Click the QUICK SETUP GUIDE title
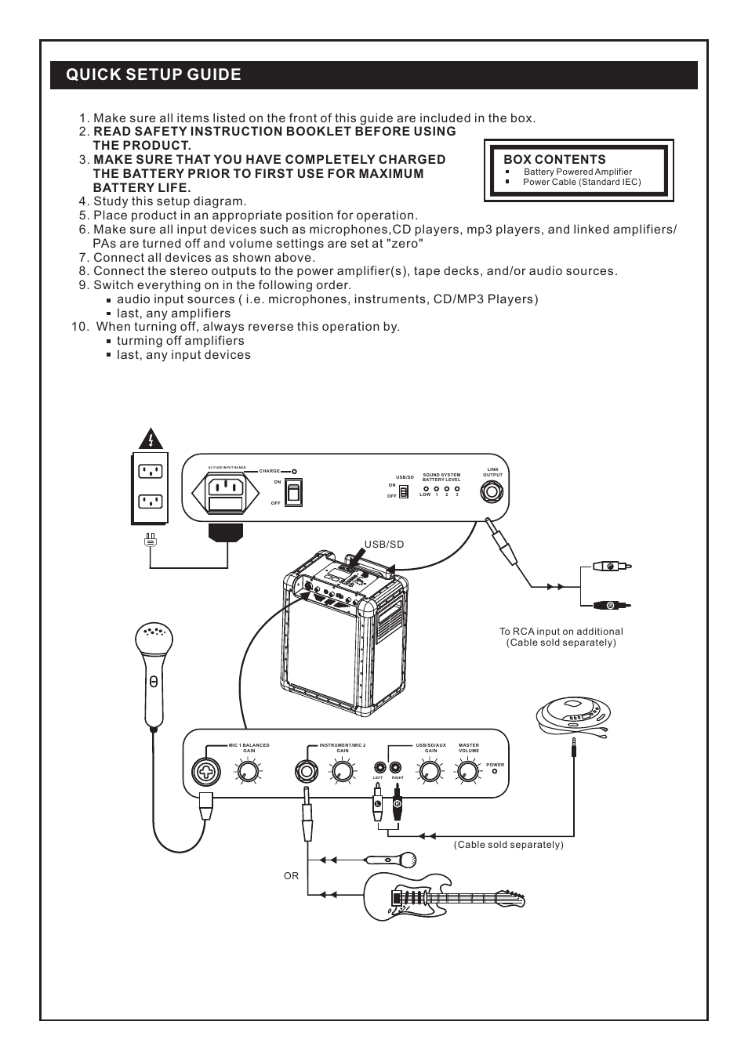click(x=154, y=74)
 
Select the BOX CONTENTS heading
click(x=554, y=159)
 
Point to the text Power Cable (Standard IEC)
click(x=582, y=182)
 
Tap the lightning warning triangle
click(x=150, y=440)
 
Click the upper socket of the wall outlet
click(x=150, y=472)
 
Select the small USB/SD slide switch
click(x=404, y=491)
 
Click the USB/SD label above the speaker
click(x=384, y=544)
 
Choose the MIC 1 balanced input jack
click(x=205, y=773)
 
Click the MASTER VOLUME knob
click(x=468, y=773)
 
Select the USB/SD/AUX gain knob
click(x=430, y=773)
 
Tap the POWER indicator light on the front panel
click(x=495, y=772)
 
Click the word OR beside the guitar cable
click(x=292, y=876)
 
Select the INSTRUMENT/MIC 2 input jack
click(x=306, y=771)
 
